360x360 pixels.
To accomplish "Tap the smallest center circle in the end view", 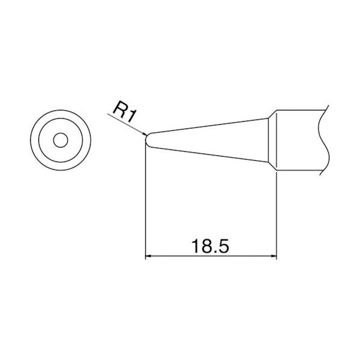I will [59, 140].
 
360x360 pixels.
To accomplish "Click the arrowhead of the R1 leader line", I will [143, 133].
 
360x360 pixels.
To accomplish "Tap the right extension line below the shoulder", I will [277, 216].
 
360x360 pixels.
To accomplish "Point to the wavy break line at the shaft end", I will [324, 141].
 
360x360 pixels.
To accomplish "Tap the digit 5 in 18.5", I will [223, 246].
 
